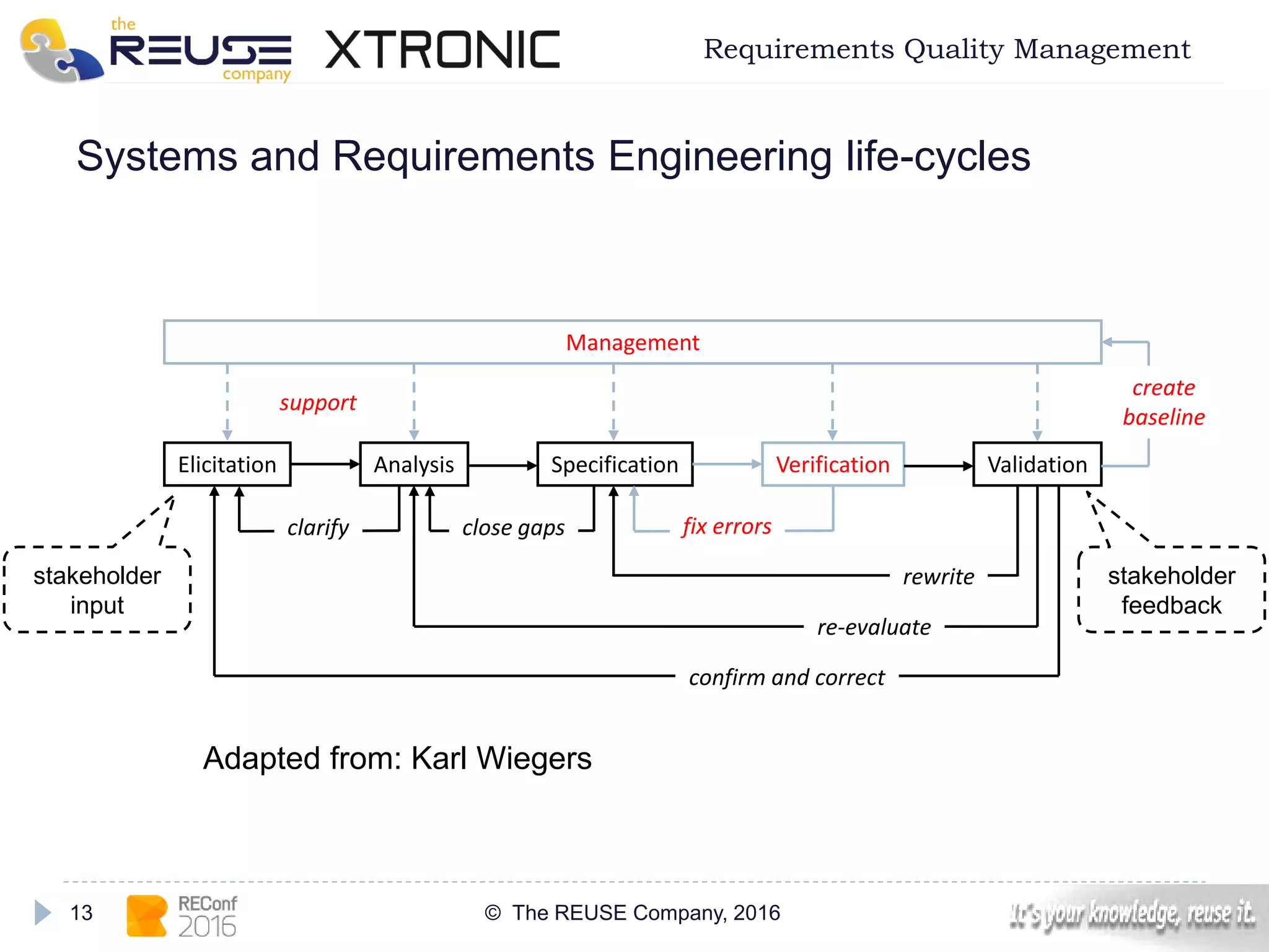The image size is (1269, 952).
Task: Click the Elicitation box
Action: (x=227, y=464)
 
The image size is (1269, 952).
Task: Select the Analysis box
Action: (x=414, y=464)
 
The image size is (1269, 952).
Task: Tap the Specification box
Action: (x=614, y=464)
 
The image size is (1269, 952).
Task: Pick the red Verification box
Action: (x=832, y=464)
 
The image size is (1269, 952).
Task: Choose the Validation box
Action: (x=1037, y=464)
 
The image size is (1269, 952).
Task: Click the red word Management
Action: (x=632, y=342)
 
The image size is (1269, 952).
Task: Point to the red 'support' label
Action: (x=317, y=403)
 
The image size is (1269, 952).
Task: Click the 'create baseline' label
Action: (x=1164, y=402)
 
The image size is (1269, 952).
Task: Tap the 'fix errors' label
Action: (x=726, y=526)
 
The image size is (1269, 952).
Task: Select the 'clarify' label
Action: (x=318, y=527)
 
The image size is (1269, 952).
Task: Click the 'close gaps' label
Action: (x=513, y=527)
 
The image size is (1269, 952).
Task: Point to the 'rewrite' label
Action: (x=938, y=577)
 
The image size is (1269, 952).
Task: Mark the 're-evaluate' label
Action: (x=874, y=627)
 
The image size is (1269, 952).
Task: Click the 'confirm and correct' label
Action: (x=786, y=677)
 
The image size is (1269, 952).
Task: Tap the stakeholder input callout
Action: (x=97, y=590)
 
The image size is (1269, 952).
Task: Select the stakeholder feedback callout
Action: (x=1171, y=590)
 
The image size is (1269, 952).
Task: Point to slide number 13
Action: (x=81, y=912)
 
